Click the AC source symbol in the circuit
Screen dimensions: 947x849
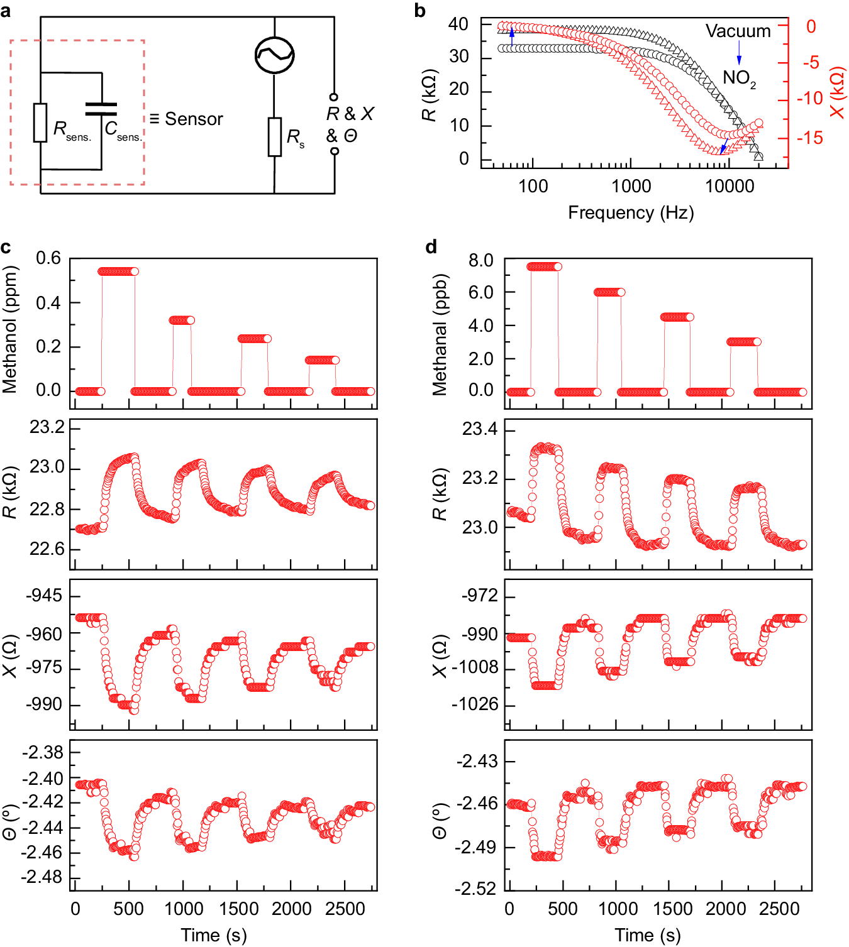click(x=275, y=55)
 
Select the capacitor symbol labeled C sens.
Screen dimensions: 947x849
click(x=101, y=109)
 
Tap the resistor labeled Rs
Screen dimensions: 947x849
click(x=275, y=136)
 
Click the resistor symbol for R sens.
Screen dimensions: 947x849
click(x=40, y=123)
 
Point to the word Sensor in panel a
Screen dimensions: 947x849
click(x=194, y=119)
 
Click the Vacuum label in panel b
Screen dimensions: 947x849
click(x=738, y=31)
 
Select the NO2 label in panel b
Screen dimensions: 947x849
click(x=739, y=78)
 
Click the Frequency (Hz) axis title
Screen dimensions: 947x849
click(x=631, y=213)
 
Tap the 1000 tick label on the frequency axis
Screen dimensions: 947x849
click(x=631, y=187)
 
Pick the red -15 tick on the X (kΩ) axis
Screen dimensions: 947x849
click(x=810, y=138)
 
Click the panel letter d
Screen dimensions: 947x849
click(x=431, y=247)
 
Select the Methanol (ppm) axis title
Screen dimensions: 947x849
click(x=10, y=329)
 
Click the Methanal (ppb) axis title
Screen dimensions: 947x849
click(x=440, y=334)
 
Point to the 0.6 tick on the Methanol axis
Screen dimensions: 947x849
click(x=48, y=258)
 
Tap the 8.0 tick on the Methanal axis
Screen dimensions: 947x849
click(x=480, y=260)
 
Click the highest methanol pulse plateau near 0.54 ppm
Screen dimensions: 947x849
click(x=118, y=271)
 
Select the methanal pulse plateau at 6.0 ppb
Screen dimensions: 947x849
click(x=609, y=292)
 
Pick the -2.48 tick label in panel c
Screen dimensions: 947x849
click(x=42, y=877)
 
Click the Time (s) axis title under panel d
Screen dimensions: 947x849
click(x=648, y=935)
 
